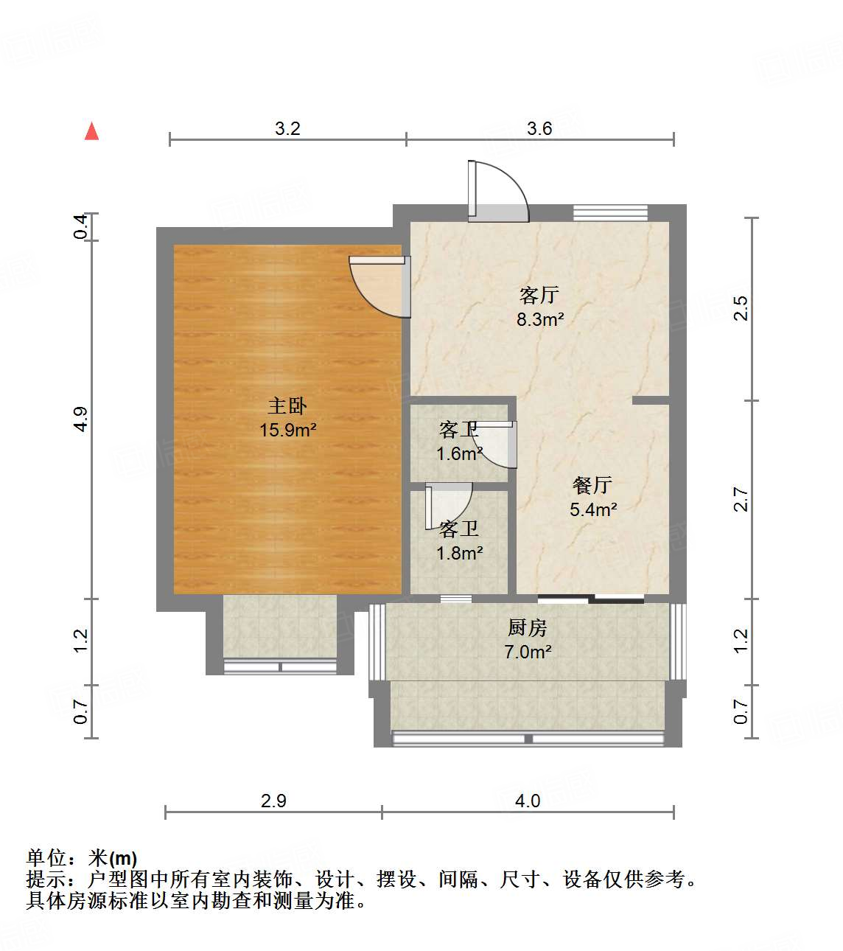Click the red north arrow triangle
tap(92, 131)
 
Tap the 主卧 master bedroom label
tap(287, 405)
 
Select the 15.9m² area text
tap(287, 430)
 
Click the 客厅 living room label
tap(539, 296)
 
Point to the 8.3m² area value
tap(540, 319)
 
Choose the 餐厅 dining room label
tap(592, 485)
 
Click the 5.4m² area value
tap(593, 509)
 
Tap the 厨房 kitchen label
tap(528, 628)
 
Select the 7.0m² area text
tap(528, 652)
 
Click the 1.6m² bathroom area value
tap(459, 453)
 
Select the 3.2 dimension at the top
tap(287, 129)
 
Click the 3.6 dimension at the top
tap(539, 129)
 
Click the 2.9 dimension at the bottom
tap(273, 801)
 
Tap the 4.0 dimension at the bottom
tap(528, 801)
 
